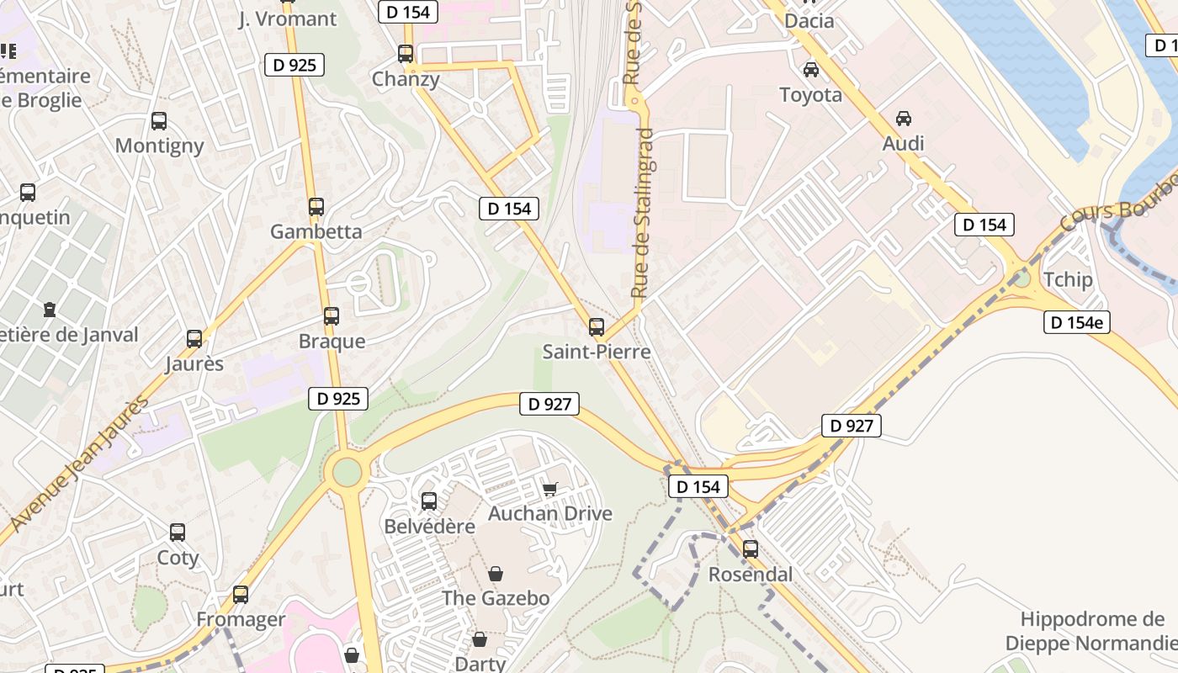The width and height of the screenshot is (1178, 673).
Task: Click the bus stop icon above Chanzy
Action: tap(406, 54)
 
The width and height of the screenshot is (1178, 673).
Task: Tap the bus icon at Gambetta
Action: tap(316, 207)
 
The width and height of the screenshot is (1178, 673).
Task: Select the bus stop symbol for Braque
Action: tap(332, 316)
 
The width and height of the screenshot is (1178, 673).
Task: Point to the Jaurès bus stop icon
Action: tap(194, 339)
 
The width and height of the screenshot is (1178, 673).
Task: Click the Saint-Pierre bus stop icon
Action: tap(597, 327)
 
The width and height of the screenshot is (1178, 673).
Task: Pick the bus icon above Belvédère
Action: tap(429, 501)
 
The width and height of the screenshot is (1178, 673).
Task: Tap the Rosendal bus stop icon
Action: tap(751, 549)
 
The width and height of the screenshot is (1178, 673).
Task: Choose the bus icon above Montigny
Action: tap(159, 121)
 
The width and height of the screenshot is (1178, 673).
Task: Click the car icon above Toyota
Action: tap(811, 70)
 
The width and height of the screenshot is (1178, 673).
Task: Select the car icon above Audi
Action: tap(904, 119)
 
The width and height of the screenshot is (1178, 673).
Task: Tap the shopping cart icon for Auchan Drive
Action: tap(550, 489)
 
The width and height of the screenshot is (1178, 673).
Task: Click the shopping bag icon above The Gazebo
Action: tap(496, 574)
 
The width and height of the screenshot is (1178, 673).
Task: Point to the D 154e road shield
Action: tap(1076, 322)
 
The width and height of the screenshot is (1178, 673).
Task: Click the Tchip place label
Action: tap(1067, 280)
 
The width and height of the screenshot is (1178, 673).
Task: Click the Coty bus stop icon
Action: tap(178, 533)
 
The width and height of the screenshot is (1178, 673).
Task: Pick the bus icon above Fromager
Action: tap(241, 595)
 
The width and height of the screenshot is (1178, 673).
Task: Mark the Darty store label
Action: tap(480, 664)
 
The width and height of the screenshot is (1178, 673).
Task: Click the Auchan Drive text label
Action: tap(550, 514)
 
